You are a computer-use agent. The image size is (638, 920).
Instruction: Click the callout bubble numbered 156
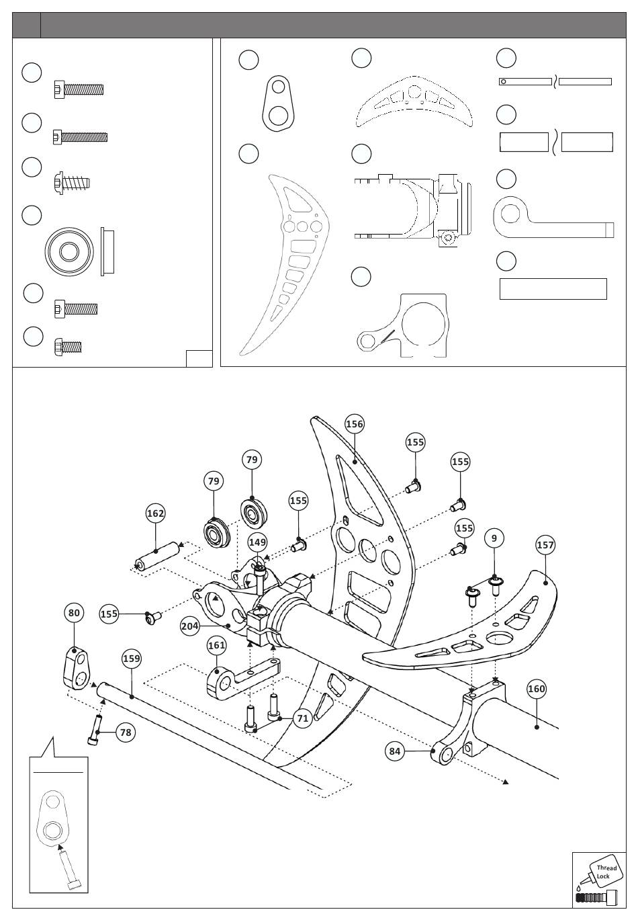coord(355,423)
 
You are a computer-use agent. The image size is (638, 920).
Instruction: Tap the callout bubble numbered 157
coord(545,545)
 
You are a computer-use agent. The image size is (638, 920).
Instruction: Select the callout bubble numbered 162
coord(156,513)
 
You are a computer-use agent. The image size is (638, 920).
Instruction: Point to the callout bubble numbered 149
coord(257,542)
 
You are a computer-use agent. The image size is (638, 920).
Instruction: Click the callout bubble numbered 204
coord(189,626)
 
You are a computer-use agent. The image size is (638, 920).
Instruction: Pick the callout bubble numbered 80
coord(74,613)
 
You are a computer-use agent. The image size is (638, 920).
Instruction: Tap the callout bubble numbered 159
coord(132,659)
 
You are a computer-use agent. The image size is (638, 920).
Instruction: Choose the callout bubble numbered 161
coord(216,645)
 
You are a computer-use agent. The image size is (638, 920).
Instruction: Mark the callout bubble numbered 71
coord(303,718)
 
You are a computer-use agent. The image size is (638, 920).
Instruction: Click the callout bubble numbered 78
coord(126,733)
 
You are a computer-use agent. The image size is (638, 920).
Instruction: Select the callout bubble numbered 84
coord(394,751)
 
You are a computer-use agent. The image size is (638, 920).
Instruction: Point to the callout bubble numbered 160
coord(536,689)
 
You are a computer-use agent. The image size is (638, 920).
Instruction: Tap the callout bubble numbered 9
coord(494,538)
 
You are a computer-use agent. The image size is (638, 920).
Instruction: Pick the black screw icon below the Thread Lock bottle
coord(597,908)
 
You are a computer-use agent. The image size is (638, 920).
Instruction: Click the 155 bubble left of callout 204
coord(109,614)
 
